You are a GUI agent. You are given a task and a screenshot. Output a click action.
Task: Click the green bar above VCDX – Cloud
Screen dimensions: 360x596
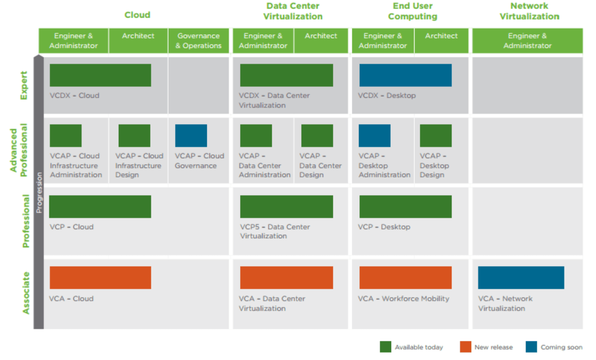100,75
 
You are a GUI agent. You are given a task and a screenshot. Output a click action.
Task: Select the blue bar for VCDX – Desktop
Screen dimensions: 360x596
405,75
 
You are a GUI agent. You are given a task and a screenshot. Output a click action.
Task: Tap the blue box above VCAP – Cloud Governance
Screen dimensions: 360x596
191,135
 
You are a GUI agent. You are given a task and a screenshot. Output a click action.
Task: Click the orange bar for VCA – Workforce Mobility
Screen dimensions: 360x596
405,277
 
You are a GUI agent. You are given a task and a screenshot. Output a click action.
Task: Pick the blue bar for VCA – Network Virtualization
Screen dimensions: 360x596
521,277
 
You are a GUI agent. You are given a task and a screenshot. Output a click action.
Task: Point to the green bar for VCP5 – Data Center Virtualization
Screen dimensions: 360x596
286,206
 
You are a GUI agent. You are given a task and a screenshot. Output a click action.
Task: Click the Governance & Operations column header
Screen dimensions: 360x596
198,41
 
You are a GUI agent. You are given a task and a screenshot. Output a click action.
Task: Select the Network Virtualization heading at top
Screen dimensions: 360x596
529,11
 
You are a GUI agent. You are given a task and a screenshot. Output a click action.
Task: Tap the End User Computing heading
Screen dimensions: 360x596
412,11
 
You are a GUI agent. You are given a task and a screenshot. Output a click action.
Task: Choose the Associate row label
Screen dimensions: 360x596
26,293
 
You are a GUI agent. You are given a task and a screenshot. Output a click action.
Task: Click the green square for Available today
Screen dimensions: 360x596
385,347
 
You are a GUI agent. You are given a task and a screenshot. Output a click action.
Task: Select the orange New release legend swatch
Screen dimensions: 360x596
465,347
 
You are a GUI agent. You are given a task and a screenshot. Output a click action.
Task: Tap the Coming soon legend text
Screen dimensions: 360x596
561,347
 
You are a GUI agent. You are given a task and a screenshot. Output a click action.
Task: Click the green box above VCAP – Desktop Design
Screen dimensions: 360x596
435,135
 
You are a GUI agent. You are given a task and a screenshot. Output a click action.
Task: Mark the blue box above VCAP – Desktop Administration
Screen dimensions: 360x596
375,135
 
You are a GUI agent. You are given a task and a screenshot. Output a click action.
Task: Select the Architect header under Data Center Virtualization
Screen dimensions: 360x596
321,36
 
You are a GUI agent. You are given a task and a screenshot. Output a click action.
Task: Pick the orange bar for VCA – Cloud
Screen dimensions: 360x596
100,277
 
